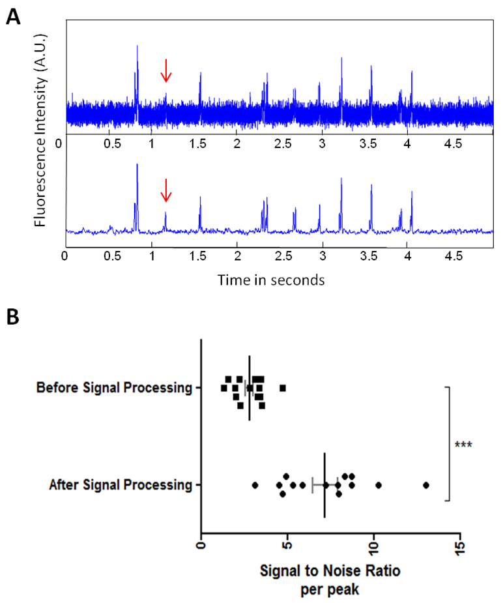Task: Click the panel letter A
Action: [x=12, y=17]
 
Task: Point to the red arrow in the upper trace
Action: [x=165, y=70]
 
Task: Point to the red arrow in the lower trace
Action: [x=165, y=190]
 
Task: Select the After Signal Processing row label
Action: [x=121, y=485]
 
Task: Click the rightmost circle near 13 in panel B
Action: [x=425, y=485]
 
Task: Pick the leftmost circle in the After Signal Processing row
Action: [x=255, y=485]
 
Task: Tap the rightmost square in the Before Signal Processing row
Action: [x=283, y=388]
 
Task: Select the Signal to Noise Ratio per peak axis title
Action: [x=330, y=580]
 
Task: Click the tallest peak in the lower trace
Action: [x=137, y=166]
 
